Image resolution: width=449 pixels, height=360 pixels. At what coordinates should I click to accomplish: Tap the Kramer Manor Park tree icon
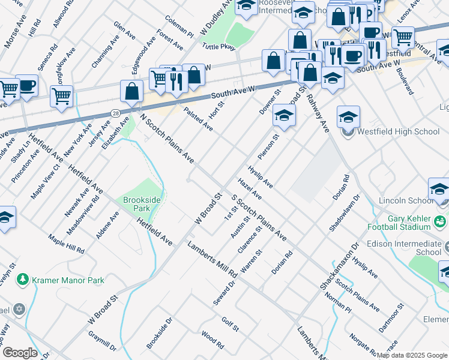23,280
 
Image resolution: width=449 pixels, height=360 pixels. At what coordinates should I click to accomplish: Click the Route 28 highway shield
115,112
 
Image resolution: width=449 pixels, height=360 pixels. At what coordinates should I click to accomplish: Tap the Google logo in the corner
19,352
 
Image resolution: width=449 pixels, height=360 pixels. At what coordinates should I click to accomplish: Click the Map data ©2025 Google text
411,355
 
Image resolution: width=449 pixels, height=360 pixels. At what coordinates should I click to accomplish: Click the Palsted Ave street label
198,119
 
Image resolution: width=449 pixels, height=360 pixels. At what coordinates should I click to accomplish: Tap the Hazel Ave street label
250,188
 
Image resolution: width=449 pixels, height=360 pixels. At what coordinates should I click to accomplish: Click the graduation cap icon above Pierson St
285,115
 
